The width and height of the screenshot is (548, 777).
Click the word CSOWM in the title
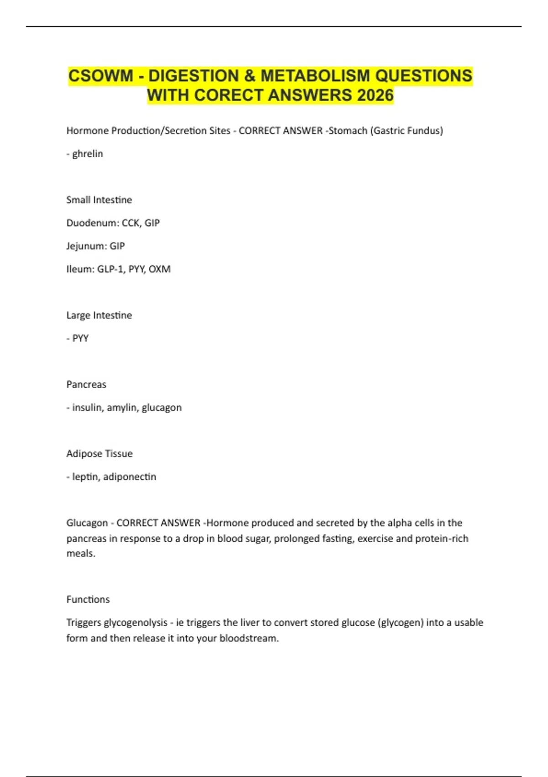point(100,76)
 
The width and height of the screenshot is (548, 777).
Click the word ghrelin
point(87,154)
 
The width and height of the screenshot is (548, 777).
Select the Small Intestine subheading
point(99,200)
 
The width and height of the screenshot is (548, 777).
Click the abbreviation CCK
point(131,223)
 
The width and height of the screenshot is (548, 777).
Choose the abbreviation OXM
point(159,269)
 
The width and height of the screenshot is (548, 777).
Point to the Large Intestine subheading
point(99,315)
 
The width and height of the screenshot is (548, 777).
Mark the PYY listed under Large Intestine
point(80,339)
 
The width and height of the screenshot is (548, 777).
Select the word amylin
point(121,408)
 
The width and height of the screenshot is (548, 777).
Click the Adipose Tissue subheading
point(100,454)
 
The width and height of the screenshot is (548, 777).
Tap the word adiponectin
point(130,477)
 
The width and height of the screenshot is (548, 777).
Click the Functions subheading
point(88,599)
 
